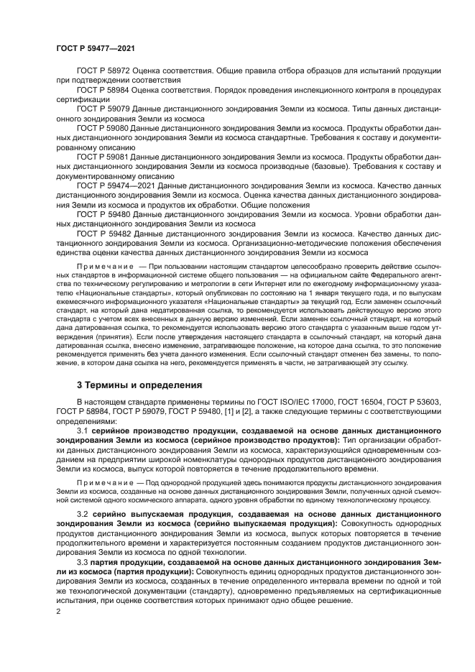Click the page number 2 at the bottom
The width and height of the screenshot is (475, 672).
pos(58,612)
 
